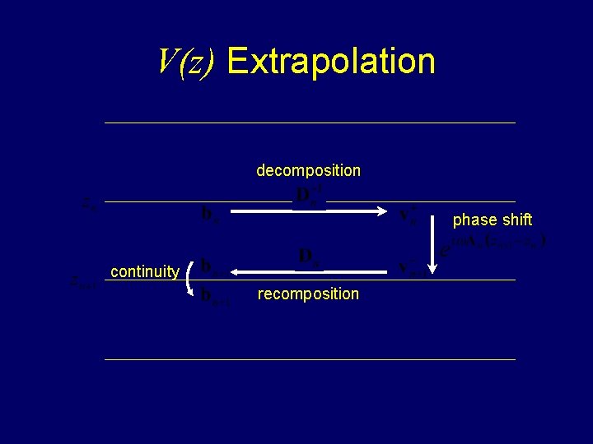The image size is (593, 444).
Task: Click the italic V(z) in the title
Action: click(x=186, y=62)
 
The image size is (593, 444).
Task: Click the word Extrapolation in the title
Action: click(x=330, y=62)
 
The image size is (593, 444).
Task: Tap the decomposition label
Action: click(x=308, y=171)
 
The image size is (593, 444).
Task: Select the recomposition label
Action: click(x=308, y=294)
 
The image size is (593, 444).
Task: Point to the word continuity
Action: click(x=145, y=271)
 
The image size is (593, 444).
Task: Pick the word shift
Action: click(x=516, y=220)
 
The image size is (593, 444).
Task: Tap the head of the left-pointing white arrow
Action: click(x=227, y=271)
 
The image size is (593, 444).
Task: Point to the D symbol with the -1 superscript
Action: click(x=309, y=196)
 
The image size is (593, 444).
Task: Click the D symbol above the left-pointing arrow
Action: click(x=309, y=257)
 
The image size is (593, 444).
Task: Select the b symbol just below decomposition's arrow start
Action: click(x=211, y=216)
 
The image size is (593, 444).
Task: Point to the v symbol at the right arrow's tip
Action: click(x=409, y=215)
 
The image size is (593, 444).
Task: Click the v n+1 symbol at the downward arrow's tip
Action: click(x=412, y=268)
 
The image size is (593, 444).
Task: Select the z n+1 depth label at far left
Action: click(x=84, y=283)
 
